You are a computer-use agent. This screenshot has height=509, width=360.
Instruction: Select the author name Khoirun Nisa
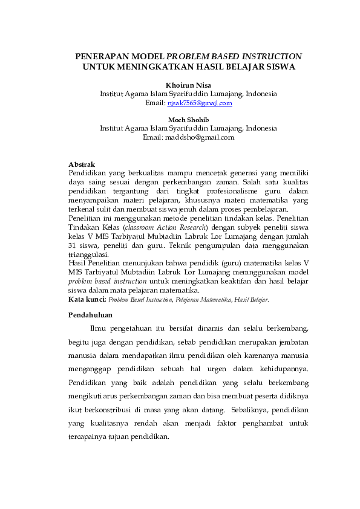click(x=188, y=85)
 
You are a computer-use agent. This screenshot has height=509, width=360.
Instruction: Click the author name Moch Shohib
click(x=188, y=120)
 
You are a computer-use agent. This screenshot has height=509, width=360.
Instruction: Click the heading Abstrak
click(x=82, y=164)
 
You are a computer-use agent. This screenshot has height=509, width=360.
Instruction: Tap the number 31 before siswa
click(x=73, y=246)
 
